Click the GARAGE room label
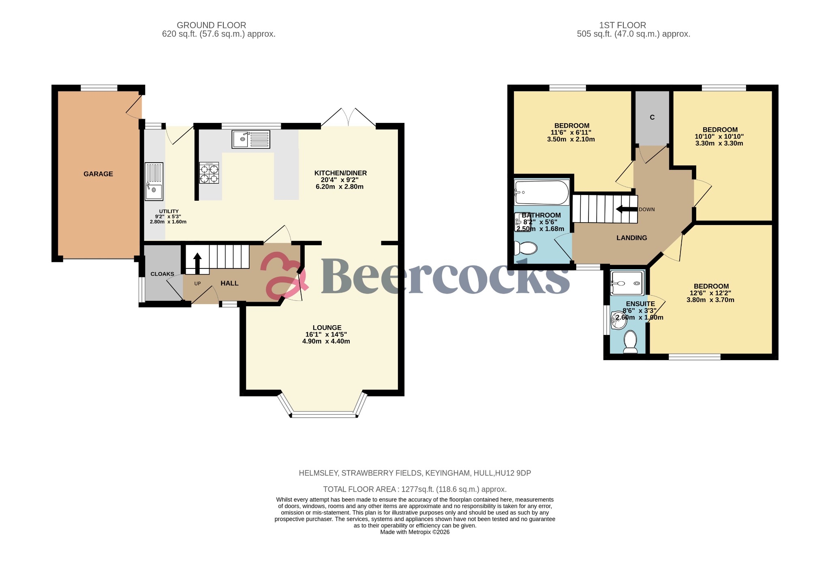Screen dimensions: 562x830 pyautogui.click(x=98, y=174)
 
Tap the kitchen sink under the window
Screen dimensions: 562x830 pyautogui.click(x=251, y=139)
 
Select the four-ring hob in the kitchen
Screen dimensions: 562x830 pyautogui.click(x=209, y=173)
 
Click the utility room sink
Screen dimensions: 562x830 pyautogui.click(x=154, y=182)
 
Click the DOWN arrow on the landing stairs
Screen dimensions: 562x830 pyautogui.click(x=626, y=209)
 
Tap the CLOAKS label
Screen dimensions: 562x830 pyautogui.click(x=162, y=274)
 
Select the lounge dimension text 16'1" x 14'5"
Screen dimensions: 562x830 pyautogui.click(x=326, y=335)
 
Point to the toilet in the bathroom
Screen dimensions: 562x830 pyautogui.click(x=525, y=247)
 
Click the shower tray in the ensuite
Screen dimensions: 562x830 pyautogui.click(x=627, y=283)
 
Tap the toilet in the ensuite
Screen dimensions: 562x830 pyautogui.click(x=630, y=341)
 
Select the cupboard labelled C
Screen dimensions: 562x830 pyautogui.click(x=652, y=118)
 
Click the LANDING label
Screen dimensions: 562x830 pyautogui.click(x=631, y=238)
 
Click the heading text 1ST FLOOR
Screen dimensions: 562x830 pyautogui.click(x=622, y=25)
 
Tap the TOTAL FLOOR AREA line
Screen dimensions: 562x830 pyautogui.click(x=415, y=489)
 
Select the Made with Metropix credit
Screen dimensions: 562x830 pyautogui.click(x=415, y=532)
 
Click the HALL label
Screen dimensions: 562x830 pyautogui.click(x=229, y=283)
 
